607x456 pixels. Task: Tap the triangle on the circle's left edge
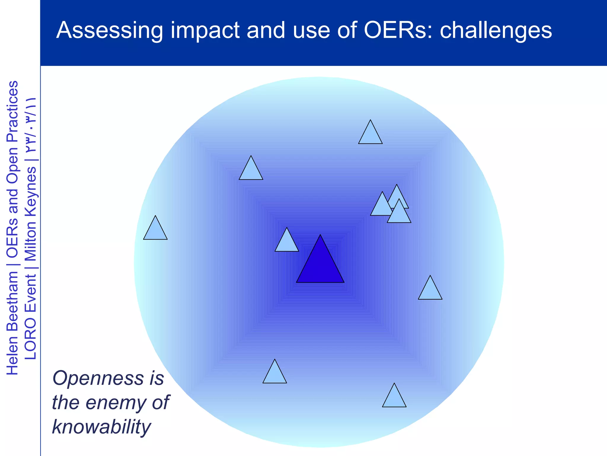click(x=155, y=231)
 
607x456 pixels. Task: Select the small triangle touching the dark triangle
click(x=286, y=243)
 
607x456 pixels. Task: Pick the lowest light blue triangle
click(x=394, y=398)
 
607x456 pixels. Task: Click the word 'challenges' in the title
click(x=496, y=30)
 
